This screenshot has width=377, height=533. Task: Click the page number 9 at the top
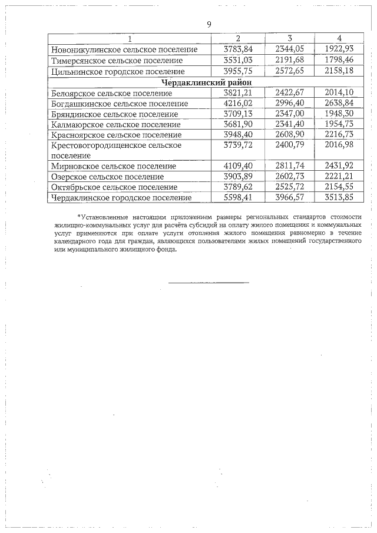[x=209, y=24]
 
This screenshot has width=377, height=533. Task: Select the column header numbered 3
[x=290, y=38]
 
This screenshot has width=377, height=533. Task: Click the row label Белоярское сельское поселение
[x=112, y=93]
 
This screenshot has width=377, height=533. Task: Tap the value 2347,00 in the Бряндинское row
[x=290, y=114]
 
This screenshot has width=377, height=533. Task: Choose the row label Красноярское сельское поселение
[x=116, y=135]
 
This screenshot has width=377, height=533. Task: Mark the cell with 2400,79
[x=290, y=145]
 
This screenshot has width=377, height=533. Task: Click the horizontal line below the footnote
[x=209, y=282]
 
